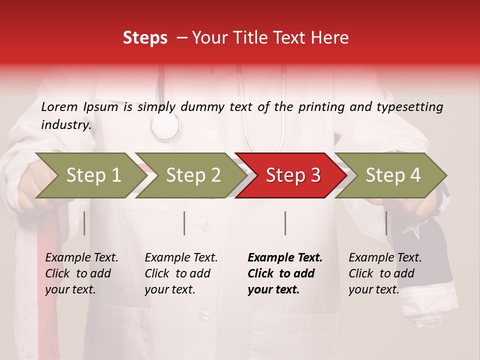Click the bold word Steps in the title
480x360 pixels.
click(x=145, y=38)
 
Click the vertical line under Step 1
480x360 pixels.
click(x=84, y=223)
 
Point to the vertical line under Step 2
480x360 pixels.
click(x=184, y=223)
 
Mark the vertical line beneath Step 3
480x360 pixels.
click(x=285, y=223)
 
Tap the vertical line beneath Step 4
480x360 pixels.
click(x=386, y=223)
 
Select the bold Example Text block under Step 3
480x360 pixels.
click(x=284, y=273)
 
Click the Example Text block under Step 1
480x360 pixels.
click(x=81, y=273)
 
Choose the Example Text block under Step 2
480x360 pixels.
click(x=181, y=273)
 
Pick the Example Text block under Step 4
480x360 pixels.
click(x=385, y=273)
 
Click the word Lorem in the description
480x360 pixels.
click(x=59, y=106)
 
